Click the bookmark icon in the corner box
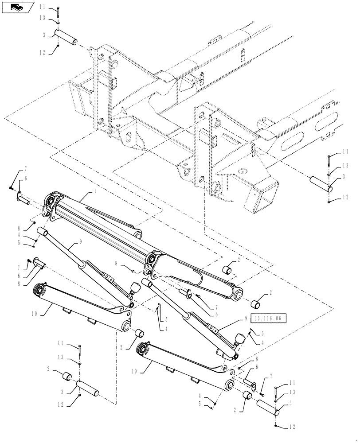17,7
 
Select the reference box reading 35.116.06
269,318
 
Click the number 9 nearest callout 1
81,242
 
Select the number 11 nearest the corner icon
42,8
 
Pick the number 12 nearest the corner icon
42,52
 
